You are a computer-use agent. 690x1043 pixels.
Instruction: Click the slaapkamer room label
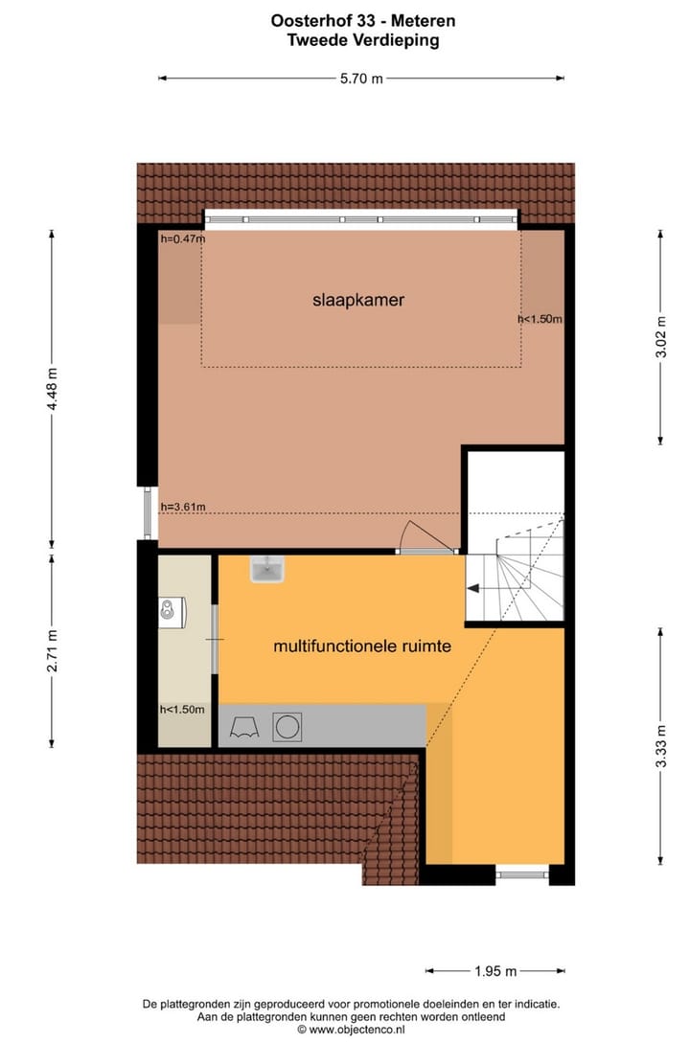[358, 300]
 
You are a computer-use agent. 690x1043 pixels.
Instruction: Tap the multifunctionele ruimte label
[362, 646]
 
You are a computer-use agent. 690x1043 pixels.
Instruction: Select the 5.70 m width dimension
[360, 79]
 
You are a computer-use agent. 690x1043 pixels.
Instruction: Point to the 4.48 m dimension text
[54, 390]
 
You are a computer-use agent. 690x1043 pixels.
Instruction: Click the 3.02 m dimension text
[660, 336]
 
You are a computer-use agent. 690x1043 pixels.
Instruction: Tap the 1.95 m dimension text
[495, 971]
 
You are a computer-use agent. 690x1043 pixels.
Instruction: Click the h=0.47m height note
[182, 239]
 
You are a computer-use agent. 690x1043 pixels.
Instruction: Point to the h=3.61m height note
[183, 507]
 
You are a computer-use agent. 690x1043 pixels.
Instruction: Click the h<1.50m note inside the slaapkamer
[540, 319]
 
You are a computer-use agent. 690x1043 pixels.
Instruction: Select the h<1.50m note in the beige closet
[183, 710]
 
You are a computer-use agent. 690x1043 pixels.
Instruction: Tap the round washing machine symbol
[287, 726]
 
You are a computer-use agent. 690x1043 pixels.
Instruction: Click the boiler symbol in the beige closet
[172, 610]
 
